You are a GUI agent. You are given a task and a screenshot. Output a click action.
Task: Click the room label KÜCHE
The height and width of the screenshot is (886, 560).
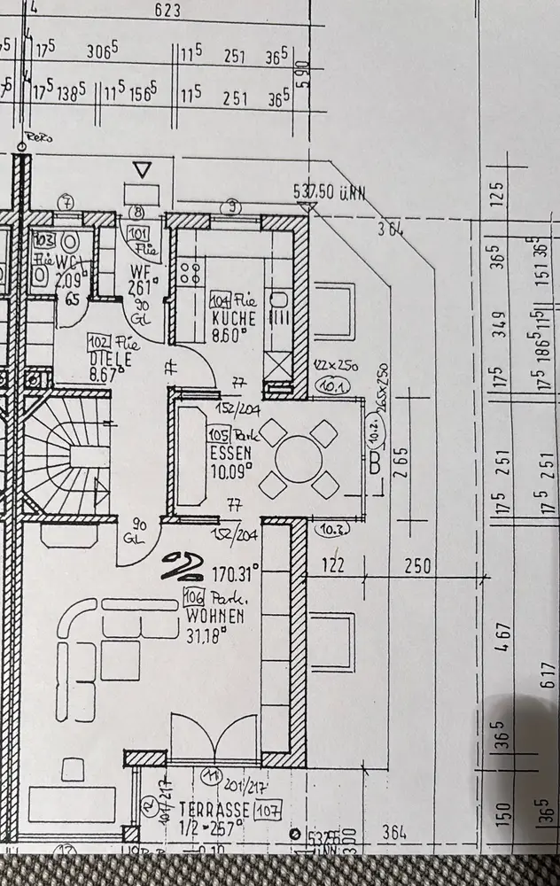(x=235, y=318)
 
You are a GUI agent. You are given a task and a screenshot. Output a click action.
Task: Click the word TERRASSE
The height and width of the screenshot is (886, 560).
(x=215, y=810)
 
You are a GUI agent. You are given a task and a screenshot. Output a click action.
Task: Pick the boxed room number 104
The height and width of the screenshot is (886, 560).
(x=220, y=301)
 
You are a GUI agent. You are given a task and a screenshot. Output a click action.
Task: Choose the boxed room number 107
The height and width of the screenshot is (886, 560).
(x=268, y=810)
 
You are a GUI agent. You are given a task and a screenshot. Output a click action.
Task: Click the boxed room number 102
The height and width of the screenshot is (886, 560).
(x=98, y=341)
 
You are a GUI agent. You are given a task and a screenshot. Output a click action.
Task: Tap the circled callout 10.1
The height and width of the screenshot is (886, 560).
(x=332, y=387)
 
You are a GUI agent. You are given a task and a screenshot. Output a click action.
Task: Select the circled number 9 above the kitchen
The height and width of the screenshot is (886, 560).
(x=233, y=207)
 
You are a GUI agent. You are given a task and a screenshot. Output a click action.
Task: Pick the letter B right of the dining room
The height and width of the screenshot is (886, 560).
(x=375, y=461)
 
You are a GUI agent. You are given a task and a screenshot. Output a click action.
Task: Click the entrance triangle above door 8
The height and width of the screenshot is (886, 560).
(x=143, y=169)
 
